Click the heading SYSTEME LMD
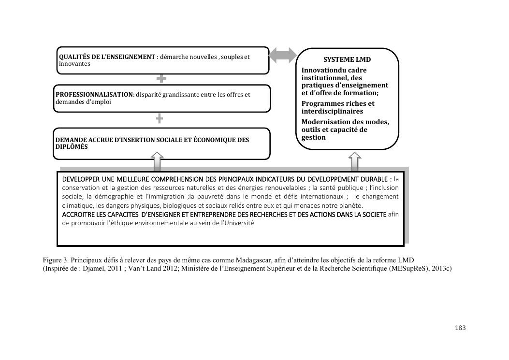tap(347, 60)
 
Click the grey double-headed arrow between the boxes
tap(283, 55)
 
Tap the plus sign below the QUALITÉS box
tap(161, 78)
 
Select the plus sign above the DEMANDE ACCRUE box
tap(159, 118)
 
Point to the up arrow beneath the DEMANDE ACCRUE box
tap(158, 162)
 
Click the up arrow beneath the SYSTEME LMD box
tap(354, 161)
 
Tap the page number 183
tap(460, 328)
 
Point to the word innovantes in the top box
tap(74, 64)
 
